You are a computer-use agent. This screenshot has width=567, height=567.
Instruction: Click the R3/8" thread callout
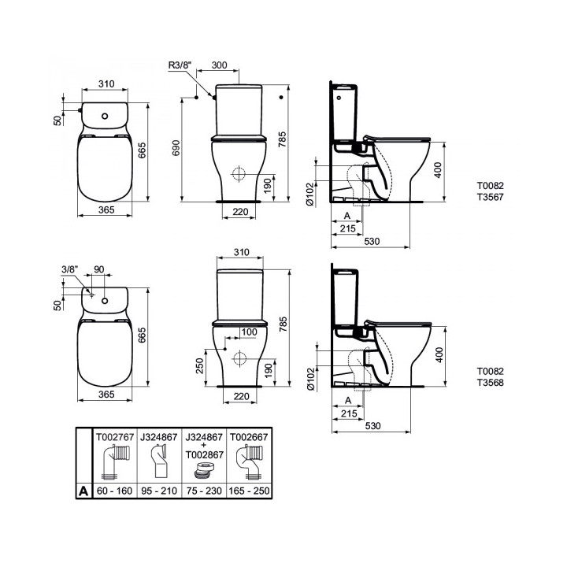click(181, 66)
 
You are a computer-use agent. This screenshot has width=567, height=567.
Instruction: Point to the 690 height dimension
click(177, 147)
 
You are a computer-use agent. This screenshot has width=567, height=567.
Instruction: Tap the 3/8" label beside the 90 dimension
click(69, 269)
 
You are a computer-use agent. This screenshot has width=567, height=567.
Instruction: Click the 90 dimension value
click(98, 269)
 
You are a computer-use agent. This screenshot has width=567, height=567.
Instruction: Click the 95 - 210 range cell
click(159, 490)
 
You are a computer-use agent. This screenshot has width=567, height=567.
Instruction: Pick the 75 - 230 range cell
click(204, 490)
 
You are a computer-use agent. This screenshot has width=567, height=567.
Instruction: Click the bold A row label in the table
click(83, 490)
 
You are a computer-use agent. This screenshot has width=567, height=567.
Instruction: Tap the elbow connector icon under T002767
click(115, 463)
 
